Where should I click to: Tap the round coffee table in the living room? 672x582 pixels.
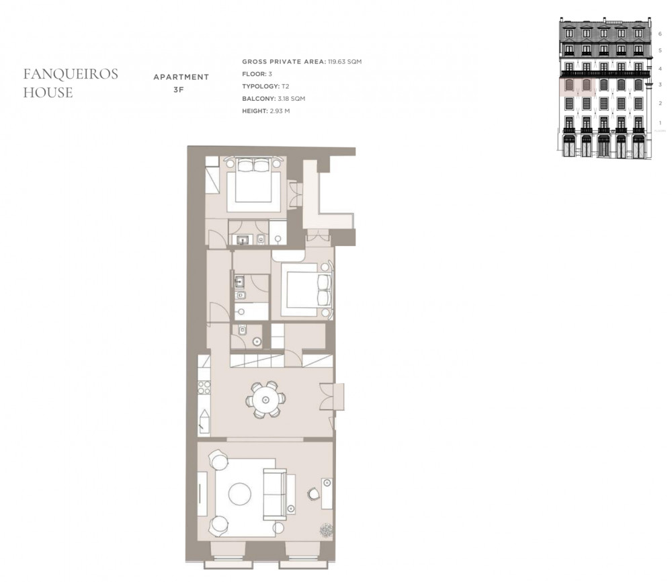tap(240, 495)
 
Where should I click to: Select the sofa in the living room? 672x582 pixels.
tap(275, 494)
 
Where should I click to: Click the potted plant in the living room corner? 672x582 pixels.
tap(326, 530)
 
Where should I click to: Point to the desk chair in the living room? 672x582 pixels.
tap(313, 494)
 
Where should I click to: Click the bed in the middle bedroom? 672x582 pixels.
tap(308, 290)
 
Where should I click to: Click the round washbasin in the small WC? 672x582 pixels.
tap(257, 342)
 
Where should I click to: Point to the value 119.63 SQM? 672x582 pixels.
tap(345, 62)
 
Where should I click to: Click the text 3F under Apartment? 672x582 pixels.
tap(179, 91)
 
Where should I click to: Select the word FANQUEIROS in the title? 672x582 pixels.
tap(71, 74)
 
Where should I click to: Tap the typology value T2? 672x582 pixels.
tap(286, 87)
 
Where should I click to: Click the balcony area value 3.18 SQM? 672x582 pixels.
tap(292, 99)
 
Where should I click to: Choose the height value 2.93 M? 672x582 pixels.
tap(280, 111)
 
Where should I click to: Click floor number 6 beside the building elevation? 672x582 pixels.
tap(660, 34)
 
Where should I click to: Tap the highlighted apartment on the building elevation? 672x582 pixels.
tap(577, 86)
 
